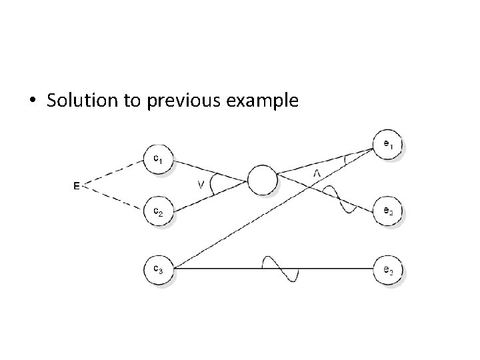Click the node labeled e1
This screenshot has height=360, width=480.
point(388,146)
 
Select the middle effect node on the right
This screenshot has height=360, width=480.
point(388,211)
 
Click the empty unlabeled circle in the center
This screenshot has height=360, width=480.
point(261,180)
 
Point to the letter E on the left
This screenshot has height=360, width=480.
point(77,186)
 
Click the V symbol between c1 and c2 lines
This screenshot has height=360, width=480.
point(200,185)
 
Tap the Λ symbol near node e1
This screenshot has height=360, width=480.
point(317,173)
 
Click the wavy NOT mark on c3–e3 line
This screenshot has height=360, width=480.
point(281,269)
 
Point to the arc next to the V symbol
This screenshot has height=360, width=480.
point(213,185)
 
